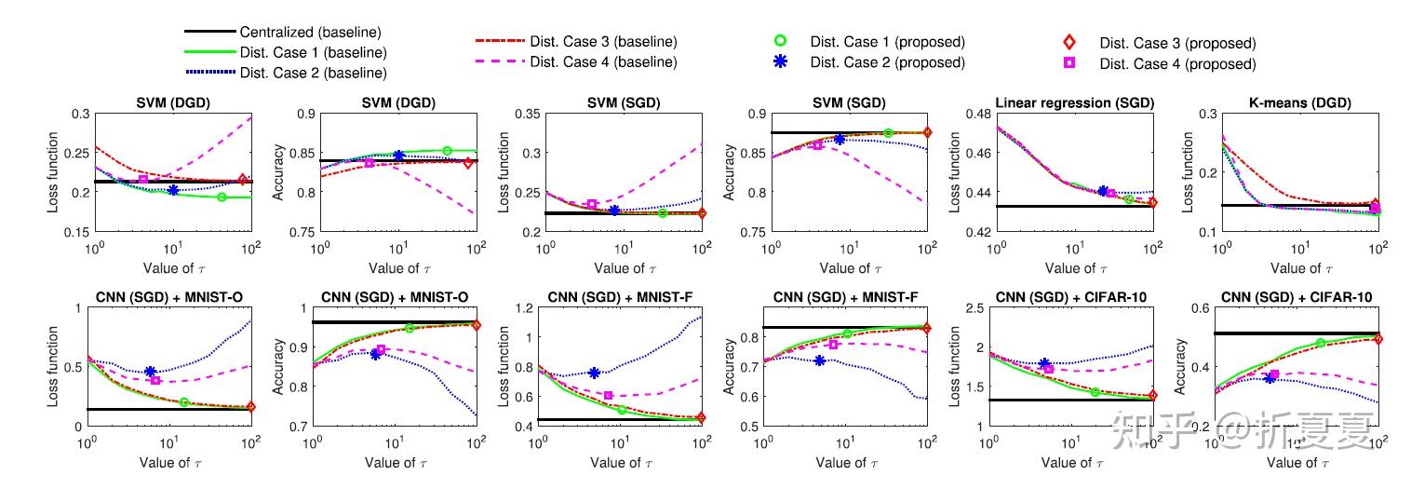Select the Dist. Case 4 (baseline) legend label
[603, 62]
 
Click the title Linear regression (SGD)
[1075, 102]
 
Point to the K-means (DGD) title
[1300, 102]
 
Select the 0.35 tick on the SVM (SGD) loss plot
[528, 115]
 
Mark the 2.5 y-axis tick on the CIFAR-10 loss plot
[977, 309]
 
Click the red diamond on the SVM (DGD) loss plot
[243, 180]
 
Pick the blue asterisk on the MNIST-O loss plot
[150, 372]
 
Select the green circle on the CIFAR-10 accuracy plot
[1321, 343]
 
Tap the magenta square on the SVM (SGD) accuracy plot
[818, 144]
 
